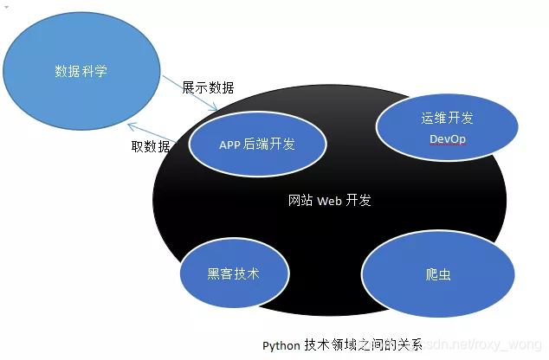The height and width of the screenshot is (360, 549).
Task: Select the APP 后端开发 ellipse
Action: pos(257,144)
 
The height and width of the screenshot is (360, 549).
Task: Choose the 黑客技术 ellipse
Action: pos(233,273)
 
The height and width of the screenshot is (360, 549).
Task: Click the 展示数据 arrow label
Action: pos(208,88)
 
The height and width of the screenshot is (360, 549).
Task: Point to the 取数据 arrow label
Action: pos(151,146)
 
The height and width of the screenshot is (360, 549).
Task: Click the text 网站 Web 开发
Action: pos(329,200)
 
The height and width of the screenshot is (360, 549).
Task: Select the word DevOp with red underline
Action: pos(448,139)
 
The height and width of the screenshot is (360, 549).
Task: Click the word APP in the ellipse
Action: pos(229,145)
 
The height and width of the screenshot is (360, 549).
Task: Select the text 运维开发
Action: pos(448,119)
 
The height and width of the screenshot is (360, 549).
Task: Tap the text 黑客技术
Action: pos(233,273)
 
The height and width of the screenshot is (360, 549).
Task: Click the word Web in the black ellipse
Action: pos(330,200)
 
